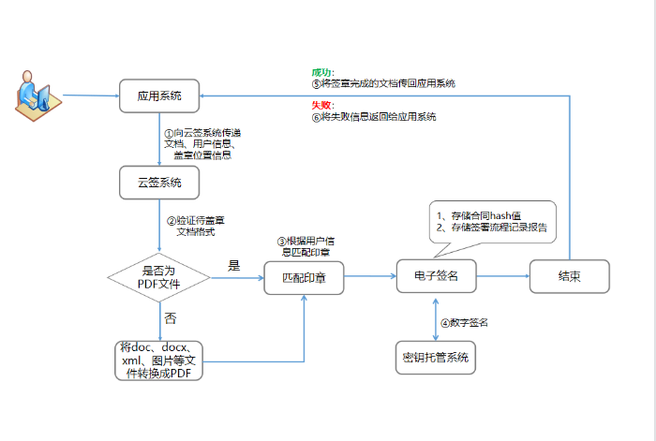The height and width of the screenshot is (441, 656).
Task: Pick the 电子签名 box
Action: (436, 276)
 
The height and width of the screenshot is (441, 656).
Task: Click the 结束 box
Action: (569, 276)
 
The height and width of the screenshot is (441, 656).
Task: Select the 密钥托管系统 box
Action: (435, 357)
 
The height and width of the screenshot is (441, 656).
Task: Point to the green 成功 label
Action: (322, 72)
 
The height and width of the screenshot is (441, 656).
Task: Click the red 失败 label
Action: (322, 106)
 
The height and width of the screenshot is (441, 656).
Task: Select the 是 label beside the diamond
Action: (234, 266)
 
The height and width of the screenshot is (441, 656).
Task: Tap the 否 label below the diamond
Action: (170, 318)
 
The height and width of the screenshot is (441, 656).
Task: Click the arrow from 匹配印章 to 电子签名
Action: (369, 276)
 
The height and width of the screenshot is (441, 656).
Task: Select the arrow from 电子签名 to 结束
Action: (502, 276)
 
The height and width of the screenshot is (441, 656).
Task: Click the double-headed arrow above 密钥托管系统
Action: (436, 319)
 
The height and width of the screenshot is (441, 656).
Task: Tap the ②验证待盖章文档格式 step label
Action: (195, 226)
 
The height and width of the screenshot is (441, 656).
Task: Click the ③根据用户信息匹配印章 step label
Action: (306, 245)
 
